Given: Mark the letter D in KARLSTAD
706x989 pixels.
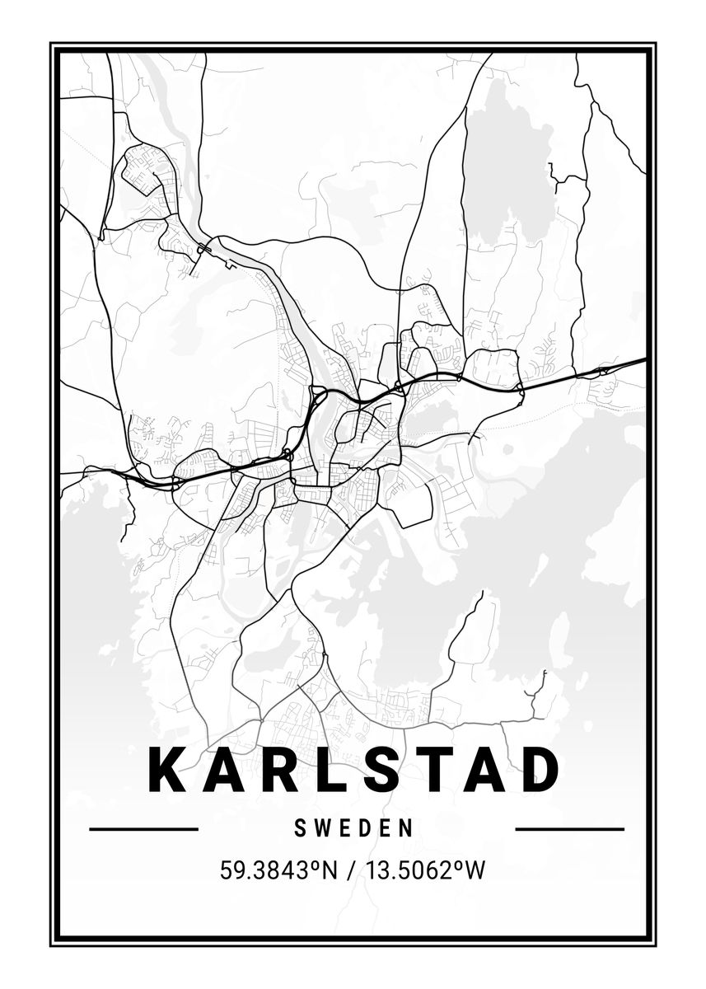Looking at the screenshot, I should tap(539, 769).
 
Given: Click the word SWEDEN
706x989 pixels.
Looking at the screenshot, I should tap(353, 828).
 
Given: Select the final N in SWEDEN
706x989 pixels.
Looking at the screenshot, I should tap(406, 828).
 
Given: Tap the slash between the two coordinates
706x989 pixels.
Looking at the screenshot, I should tap(350, 870).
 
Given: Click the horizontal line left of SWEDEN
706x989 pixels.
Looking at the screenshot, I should tap(143, 829).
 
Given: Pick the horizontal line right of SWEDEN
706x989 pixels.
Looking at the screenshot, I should tap(569, 829).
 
